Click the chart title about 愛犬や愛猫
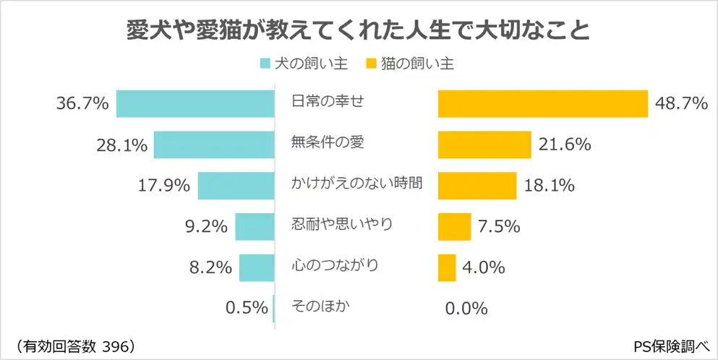[x=358, y=31]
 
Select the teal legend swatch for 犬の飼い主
[x=265, y=64]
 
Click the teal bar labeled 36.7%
[x=195, y=104]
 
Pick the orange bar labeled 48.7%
[x=542, y=104]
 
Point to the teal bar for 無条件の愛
[x=214, y=145]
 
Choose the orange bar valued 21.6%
[x=484, y=145]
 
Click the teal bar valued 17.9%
[x=236, y=186]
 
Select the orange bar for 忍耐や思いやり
[x=454, y=226]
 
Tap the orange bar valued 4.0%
[x=447, y=267]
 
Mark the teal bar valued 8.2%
[x=257, y=267]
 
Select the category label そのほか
[x=320, y=306]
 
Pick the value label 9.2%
[x=206, y=227]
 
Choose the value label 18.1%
[x=549, y=186]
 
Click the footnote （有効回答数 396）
[x=75, y=345]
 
